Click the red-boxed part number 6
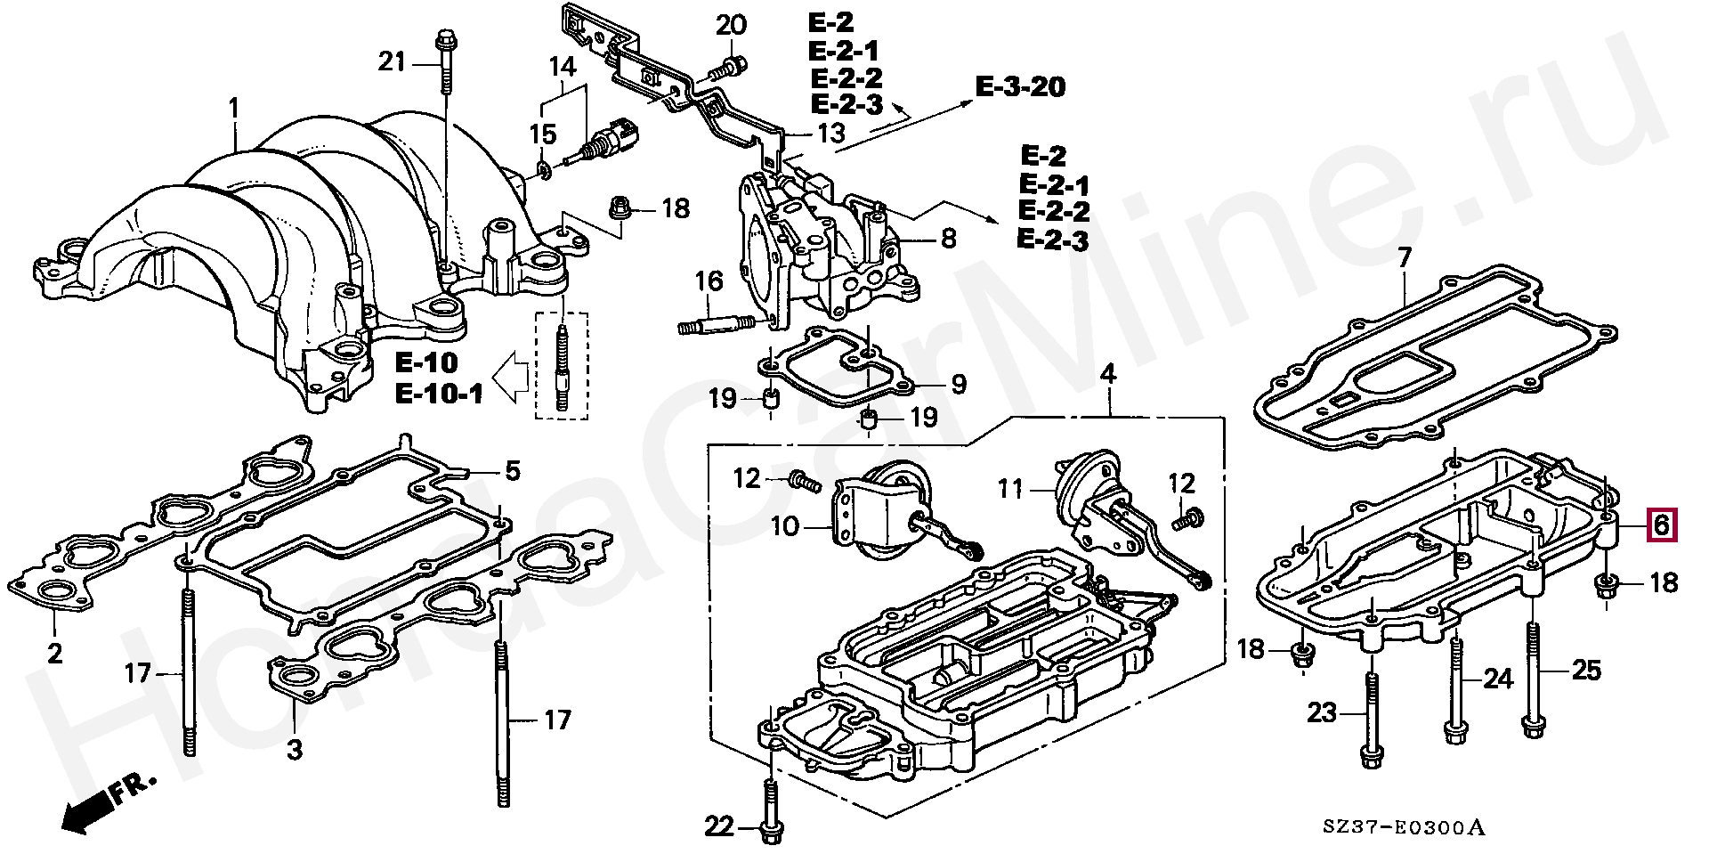click(x=1661, y=525)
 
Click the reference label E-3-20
click(x=1020, y=87)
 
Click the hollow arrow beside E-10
click(x=510, y=376)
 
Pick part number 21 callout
click(x=392, y=61)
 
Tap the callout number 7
click(x=1405, y=258)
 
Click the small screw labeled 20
click(x=729, y=66)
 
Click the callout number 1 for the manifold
click(x=234, y=110)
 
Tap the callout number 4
click(x=1107, y=374)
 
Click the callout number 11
click(x=1010, y=489)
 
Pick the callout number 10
click(x=784, y=526)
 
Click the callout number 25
click(x=1586, y=670)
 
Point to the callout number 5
click(x=512, y=470)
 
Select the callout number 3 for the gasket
click(x=295, y=750)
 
